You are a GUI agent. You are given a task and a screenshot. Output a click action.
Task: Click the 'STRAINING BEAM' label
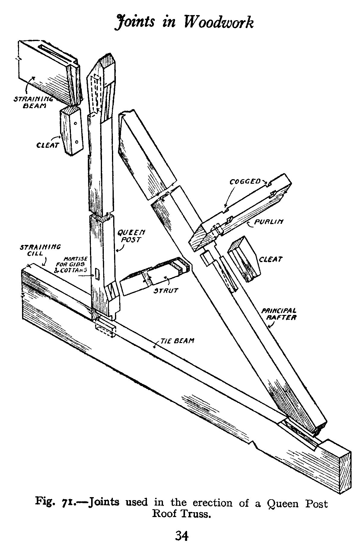click(33, 102)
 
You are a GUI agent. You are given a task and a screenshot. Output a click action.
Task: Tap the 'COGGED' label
click(245, 181)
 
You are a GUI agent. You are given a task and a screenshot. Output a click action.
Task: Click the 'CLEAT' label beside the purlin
click(271, 259)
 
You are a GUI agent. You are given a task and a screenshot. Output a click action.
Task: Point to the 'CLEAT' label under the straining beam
click(47, 145)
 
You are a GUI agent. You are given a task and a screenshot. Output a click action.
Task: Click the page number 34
click(182, 536)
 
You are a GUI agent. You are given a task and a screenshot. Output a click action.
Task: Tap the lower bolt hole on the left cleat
click(77, 141)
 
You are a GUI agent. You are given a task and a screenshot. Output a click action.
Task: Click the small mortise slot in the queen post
click(97, 274)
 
